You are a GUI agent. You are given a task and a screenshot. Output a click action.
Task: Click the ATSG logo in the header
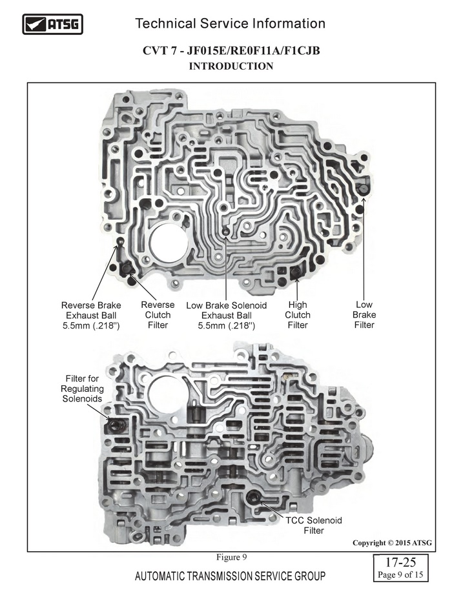tap(52, 25)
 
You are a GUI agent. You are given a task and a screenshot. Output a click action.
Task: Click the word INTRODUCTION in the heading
tap(231, 66)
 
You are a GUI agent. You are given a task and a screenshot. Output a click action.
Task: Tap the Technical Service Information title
tap(230, 24)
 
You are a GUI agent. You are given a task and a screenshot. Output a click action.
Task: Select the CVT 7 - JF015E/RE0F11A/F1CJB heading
tap(231, 50)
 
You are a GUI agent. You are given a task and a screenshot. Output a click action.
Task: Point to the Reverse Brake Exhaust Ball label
tap(91, 316)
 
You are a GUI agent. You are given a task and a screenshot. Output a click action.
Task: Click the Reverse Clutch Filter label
tap(158, 315)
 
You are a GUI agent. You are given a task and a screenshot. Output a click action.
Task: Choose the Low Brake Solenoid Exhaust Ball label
tap(227, 316)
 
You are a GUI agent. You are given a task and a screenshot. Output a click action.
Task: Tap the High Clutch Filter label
tap(298, 315)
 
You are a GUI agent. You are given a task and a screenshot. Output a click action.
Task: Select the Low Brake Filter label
tap(364, 315)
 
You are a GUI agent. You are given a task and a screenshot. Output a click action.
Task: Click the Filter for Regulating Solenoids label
tap(82, 389)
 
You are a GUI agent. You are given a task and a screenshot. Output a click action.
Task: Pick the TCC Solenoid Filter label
tap(314, 525)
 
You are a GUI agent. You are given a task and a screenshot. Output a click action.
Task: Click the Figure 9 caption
tap(231, 557)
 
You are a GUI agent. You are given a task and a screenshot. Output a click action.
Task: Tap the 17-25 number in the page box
tap(400, 562)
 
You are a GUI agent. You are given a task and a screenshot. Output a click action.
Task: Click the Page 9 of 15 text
tap(400, 574)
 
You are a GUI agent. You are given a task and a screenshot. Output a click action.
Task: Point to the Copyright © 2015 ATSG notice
tap(392, 543)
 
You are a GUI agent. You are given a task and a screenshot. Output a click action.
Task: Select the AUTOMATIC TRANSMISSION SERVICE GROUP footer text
tap(230, 576)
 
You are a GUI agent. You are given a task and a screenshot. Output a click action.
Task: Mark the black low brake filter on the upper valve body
tap(362, 188)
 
